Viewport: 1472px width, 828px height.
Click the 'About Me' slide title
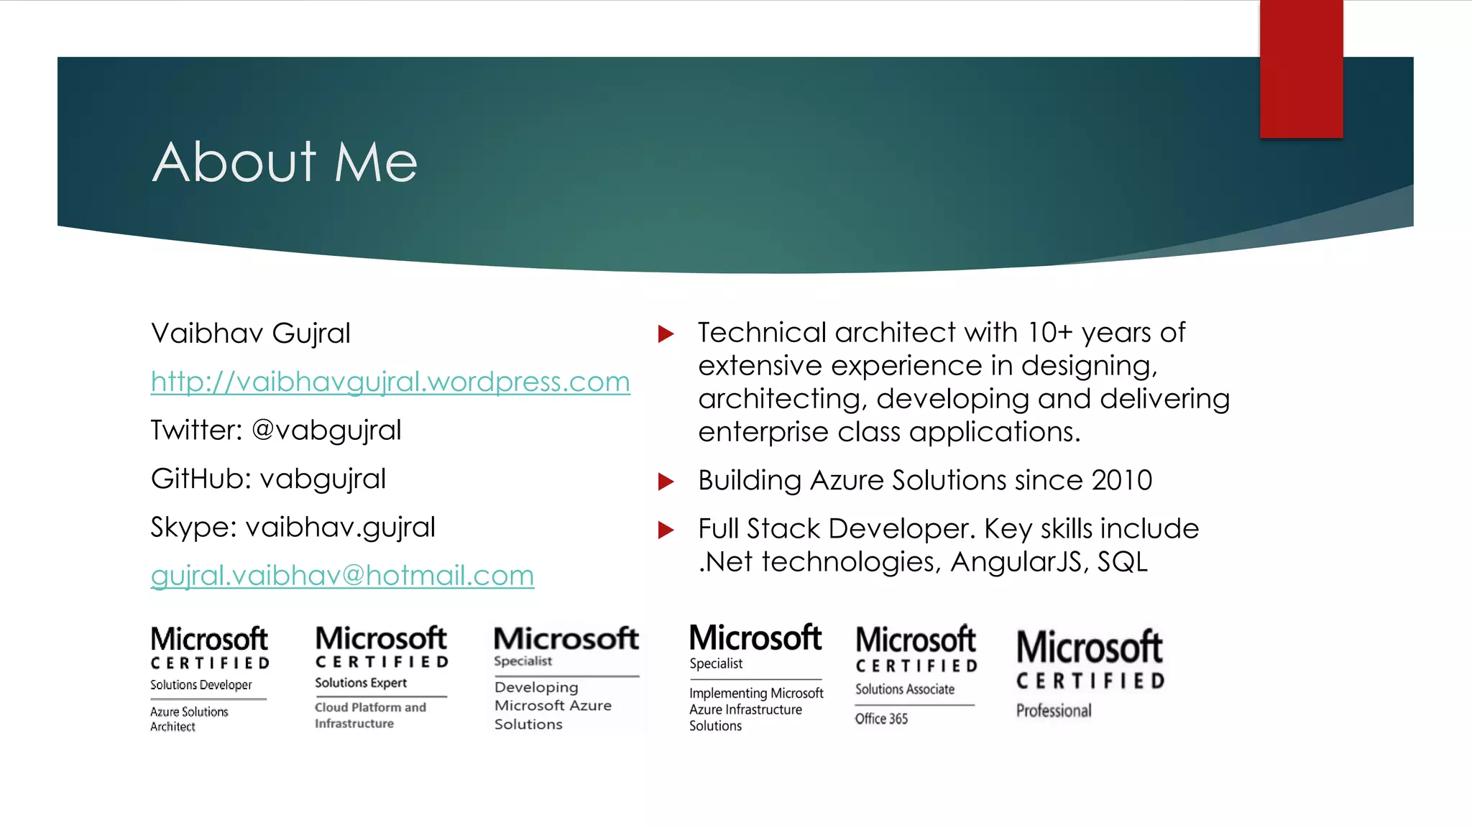285,162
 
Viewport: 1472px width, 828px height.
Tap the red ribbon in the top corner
1301,69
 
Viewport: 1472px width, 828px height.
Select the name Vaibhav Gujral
251,333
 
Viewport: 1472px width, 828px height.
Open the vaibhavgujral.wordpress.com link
390,382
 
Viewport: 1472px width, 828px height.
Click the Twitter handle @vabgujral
326,431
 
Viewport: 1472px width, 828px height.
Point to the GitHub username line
268,479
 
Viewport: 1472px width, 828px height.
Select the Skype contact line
293,528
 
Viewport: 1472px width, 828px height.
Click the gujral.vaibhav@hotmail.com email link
342,576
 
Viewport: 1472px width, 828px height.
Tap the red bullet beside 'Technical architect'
666,333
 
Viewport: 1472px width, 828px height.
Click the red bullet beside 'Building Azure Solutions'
666,482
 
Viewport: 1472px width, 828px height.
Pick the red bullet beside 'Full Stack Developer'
666,530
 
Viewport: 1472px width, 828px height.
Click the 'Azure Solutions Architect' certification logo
209,678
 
